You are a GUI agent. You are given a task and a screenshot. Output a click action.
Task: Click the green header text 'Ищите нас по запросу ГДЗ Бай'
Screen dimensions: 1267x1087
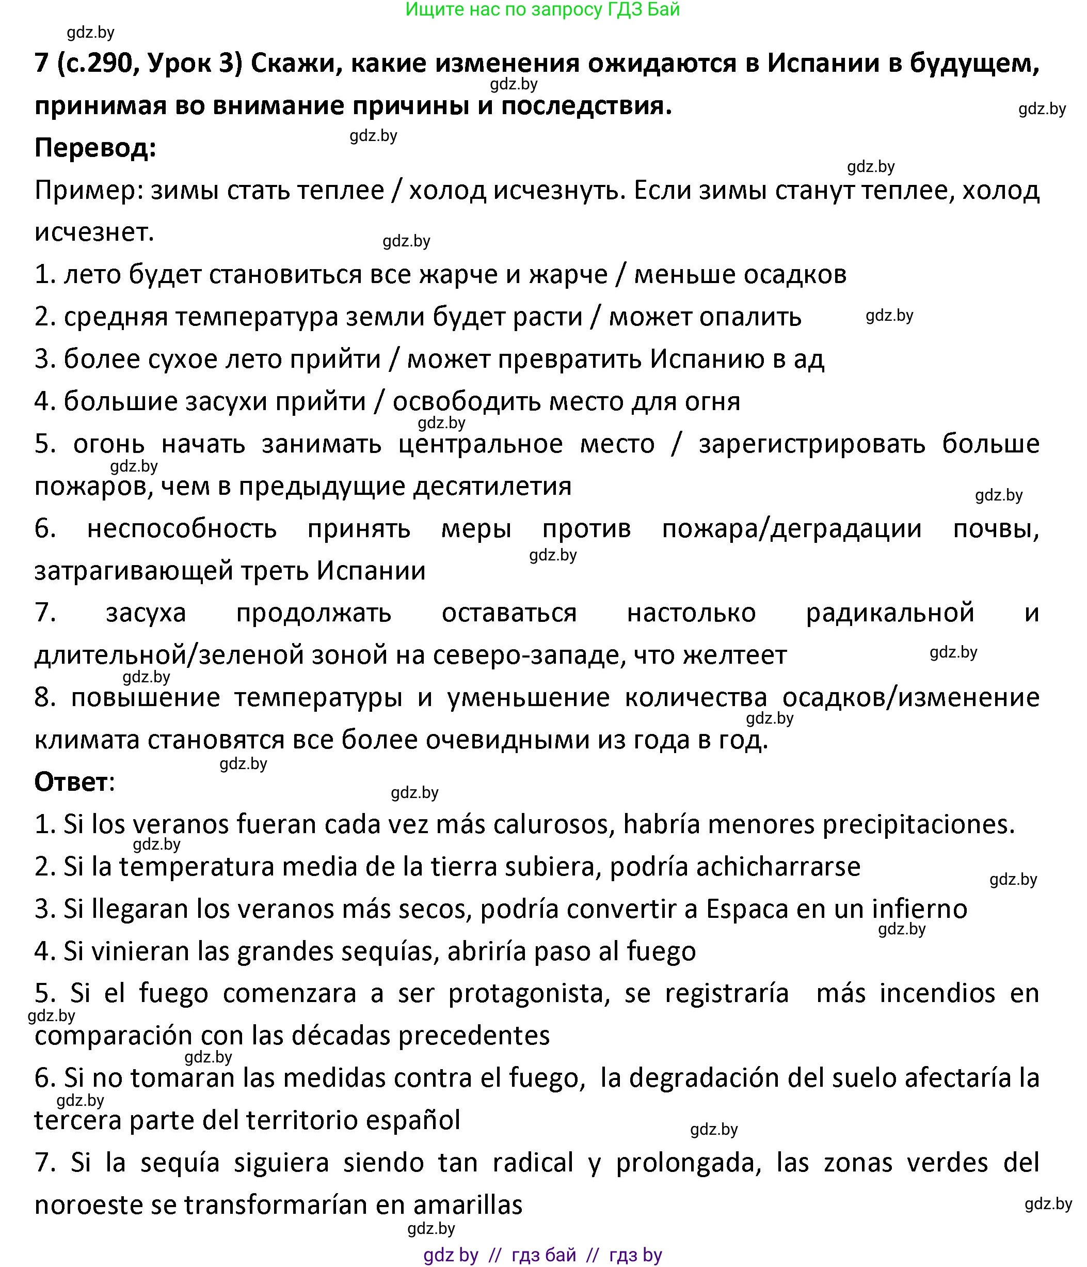pos(542,10)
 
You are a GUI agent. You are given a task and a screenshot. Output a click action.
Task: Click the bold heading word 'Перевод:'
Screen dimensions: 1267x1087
pos(95,148)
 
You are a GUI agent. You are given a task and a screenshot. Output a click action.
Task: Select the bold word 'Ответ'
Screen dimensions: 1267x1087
pos(71,781)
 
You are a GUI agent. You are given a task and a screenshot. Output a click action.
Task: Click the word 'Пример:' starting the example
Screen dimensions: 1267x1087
pos(88,191)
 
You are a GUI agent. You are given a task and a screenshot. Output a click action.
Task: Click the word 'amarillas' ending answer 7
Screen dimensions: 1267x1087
pos(468,1204)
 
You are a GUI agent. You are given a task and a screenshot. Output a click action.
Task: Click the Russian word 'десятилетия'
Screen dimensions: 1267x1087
pos(492,486)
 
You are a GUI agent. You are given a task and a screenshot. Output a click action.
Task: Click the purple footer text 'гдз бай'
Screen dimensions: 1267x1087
pos(544,1255)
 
